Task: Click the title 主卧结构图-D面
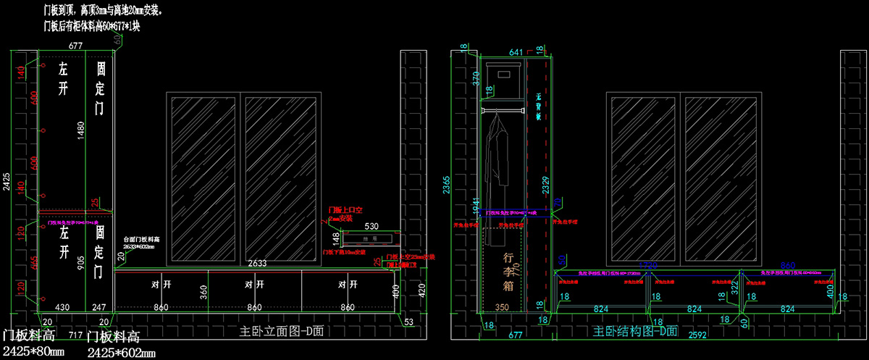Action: click(635, 332)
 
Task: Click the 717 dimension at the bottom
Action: click(75, 335)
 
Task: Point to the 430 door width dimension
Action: click(63, 307)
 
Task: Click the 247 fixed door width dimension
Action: click(99, 307)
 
